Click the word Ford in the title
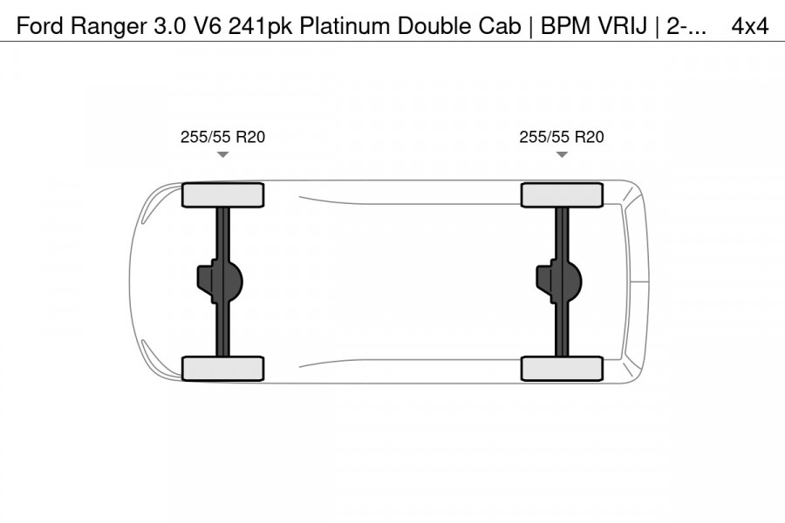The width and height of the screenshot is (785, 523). pos(40,25)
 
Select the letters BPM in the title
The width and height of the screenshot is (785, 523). pos(566,25)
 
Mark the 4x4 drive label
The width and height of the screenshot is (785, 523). pos(749,25)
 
